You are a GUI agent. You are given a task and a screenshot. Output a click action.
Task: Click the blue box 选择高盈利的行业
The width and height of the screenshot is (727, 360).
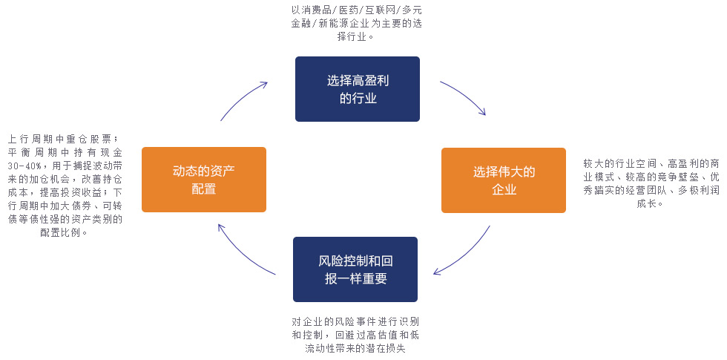(357, 89)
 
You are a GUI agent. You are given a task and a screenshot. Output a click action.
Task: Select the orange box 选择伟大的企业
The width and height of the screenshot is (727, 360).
(503, 180)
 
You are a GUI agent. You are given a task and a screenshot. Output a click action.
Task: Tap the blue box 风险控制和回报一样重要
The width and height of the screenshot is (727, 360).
(355, 269)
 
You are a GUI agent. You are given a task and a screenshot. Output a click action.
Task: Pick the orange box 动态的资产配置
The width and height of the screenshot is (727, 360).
(203, 180)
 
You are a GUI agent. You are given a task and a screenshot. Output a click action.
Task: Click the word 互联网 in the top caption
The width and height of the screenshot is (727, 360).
(380, 10)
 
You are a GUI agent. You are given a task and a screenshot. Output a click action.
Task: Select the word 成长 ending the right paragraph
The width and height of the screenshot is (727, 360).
(645, 203)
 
